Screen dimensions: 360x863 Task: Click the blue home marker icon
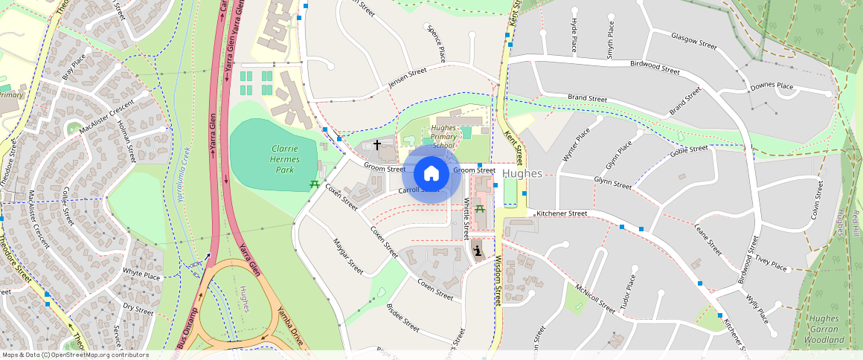point(431,174)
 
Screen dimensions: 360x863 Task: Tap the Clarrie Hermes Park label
point(275,159)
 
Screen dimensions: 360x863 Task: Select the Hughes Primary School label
point(444,136)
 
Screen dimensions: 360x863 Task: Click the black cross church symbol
point(377,144)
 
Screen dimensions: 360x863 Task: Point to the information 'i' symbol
point(476,251)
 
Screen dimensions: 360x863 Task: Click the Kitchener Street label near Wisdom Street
point(562,213)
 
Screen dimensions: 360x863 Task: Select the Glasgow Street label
point(693,41)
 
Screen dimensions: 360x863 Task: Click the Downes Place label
point(771,86)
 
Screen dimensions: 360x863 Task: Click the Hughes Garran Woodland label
point(824,329)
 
